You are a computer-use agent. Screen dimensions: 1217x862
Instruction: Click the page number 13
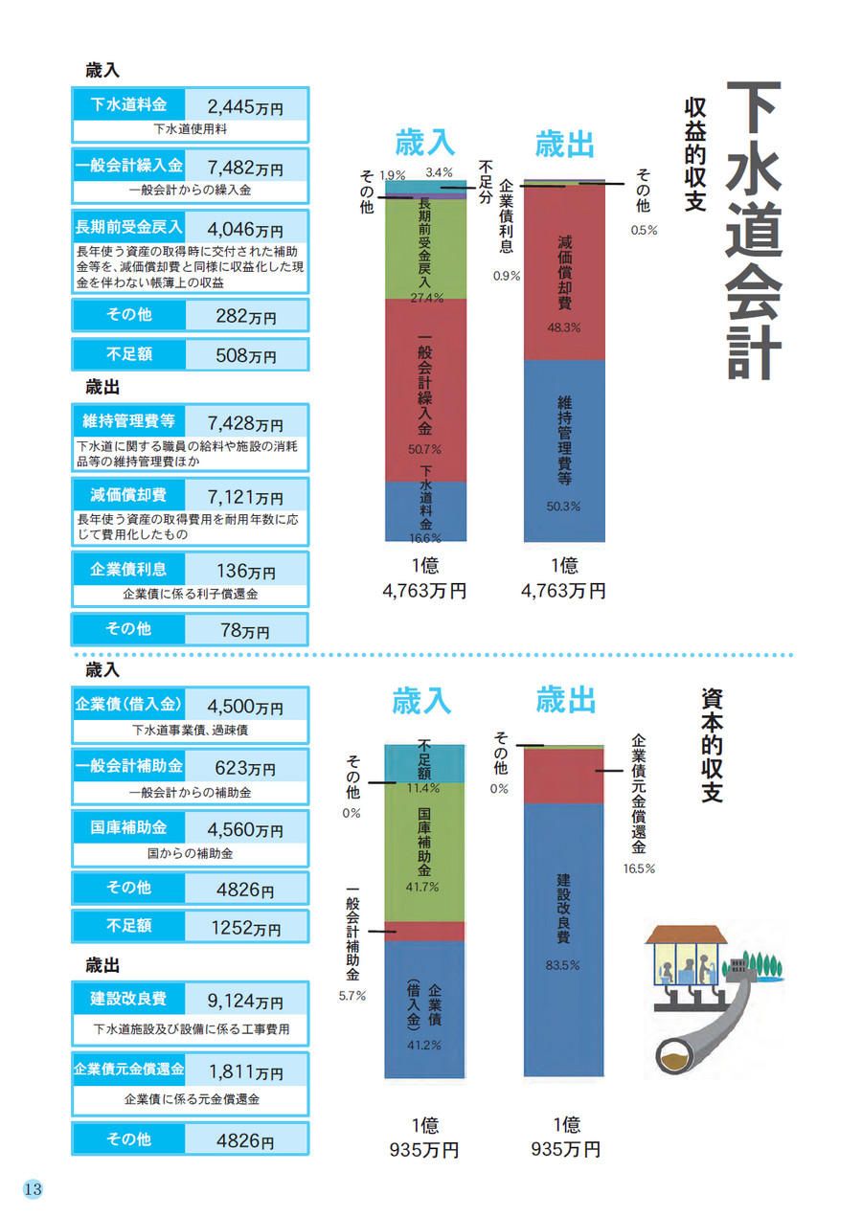tap(32, 1189)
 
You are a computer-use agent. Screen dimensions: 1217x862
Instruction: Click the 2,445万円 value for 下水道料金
tap(245, 105)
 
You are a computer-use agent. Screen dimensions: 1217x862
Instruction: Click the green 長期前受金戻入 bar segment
tap(425, 249)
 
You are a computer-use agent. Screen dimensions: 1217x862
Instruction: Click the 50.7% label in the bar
tap(424, 448)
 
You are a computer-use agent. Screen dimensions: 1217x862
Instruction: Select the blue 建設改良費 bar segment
tap(564, 938)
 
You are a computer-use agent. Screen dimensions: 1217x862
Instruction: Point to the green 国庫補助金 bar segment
tap(424, 852)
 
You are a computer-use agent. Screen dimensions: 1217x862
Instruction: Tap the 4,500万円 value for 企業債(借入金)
tap(245, 708)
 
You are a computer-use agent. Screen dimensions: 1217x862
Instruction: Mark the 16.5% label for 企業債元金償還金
tap(639, 868)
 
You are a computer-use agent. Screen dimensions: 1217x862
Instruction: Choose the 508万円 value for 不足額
tap(245, 355)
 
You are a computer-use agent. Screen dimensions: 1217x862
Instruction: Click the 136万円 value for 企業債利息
tap(245, 572)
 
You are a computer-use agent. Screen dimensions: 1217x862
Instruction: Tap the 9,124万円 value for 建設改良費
tap(245, 1001)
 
